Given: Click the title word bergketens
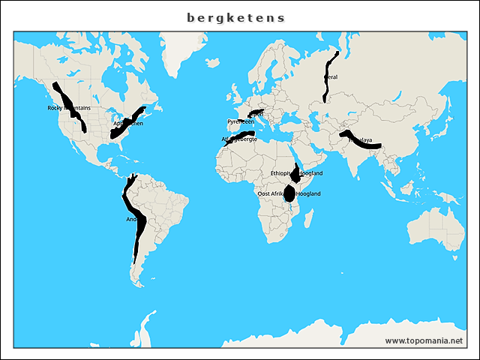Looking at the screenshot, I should [236, 17].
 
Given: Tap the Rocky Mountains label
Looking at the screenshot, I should [69, 108].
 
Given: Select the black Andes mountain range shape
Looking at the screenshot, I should [138, 225].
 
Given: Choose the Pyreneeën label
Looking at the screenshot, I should [241, 121].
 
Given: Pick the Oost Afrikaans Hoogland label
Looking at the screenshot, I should [289, 193].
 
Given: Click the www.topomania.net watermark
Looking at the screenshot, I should [424, 340].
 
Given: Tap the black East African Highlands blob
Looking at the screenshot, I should [290, 195].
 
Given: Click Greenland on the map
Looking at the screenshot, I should [184, 49].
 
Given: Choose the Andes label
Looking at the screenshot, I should [132, 220].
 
